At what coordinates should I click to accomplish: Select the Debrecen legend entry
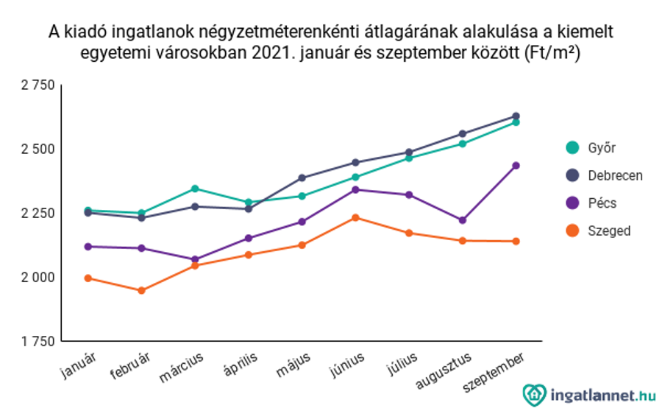tap(604, 176)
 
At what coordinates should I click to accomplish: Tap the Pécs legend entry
tap(591, 203)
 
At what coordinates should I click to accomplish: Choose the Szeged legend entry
tap(598, 231)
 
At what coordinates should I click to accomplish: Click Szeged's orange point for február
tap(141, 290)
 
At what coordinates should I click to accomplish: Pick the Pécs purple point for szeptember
tap(516, 166)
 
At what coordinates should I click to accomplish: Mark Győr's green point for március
tap(195, 189)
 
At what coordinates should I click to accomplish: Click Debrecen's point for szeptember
tap(516, 116)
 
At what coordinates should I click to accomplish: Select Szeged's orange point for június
tap(355, 217)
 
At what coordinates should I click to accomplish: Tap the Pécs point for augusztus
tap(463, 220)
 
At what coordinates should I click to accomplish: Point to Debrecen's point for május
tap(302, 178)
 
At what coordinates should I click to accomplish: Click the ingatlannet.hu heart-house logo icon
tap(534, 394)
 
